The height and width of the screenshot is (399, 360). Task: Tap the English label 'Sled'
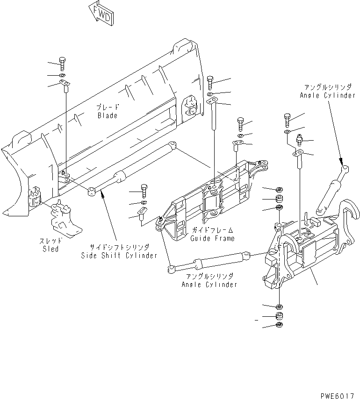[x=50, y=249]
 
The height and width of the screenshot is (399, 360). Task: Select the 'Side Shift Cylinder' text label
[x=119, y=255]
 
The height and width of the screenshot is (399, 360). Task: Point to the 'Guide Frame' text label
[x=212, y=238]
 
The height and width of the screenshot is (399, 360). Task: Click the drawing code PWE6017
[x=338, y=395]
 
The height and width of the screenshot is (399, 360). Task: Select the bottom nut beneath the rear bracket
[x=279, y=326]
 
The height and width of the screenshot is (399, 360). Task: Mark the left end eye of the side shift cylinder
[x=92, y=191]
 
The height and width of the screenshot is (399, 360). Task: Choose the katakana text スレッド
[x=50, y=241]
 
